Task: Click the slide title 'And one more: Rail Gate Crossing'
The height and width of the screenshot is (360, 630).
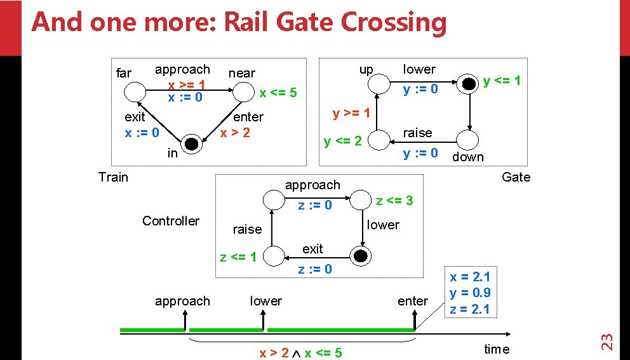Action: [239, 22]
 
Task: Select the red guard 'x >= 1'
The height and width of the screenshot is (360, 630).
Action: [186, 84]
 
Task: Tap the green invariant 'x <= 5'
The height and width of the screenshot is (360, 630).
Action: [278, 93]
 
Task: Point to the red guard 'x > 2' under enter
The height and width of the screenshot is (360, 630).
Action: [234, 133]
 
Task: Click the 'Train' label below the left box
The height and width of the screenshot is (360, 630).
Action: [113, 177]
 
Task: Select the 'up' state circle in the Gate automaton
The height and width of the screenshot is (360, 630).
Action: [380, 83]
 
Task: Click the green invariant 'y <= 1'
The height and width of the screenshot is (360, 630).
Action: [502, 81]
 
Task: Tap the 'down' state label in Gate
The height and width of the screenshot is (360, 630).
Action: [468, 157]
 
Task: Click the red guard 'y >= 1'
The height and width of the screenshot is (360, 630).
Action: [351, 114]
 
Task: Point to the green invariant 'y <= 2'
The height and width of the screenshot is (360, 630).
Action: [342, 141]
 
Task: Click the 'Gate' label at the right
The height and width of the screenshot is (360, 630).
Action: [516, 177]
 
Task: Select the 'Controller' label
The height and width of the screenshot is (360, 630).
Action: [170, 221]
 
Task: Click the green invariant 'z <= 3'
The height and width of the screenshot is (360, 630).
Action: [394, 201]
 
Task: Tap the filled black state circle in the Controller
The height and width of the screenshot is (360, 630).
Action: [361, 256]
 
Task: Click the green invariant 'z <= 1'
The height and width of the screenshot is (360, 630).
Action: [238, 257]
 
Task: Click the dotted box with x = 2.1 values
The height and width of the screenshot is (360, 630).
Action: [470, 293]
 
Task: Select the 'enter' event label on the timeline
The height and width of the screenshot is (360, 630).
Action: [413, 301]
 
